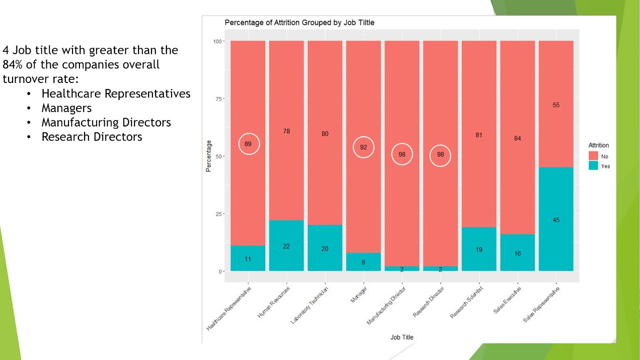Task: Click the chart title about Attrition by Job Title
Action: pos(299,22)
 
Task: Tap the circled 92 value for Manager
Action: pos(363,147)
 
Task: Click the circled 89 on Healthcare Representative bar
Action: pos(248,144)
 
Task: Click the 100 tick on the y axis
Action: pos(217,41)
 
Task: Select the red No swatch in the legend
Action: pos(593,156)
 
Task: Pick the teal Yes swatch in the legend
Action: pos(593,166)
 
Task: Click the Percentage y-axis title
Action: pos(208,156)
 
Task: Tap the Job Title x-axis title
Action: pos(402,337)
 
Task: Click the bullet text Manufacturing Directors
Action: pos(106,122)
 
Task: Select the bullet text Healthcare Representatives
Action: pos(116,93)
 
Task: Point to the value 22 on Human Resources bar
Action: pos(286,246)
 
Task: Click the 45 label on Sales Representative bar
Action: pos(556,220)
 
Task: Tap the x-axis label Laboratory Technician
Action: pos(310,305)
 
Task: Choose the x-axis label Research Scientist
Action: pos(467,302)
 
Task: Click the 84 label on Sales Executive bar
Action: pos(517,138)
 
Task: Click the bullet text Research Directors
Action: pos(92,137)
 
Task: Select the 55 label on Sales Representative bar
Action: pos(556,105)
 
